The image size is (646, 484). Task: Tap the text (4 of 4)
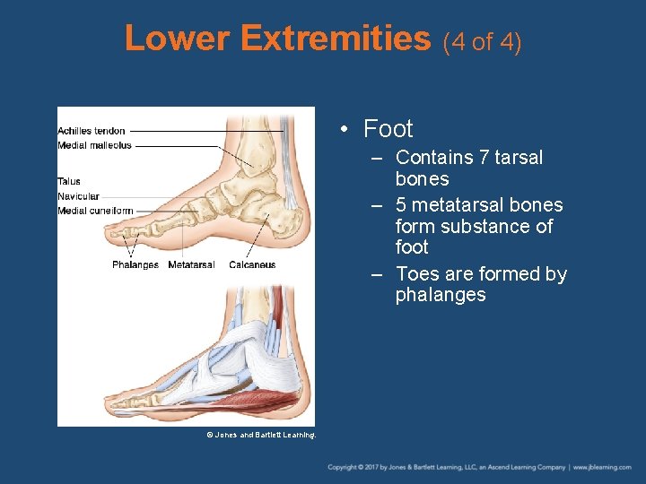[482, 41]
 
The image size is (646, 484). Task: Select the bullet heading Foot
[388, 129]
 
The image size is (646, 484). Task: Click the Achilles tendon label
[92, 131]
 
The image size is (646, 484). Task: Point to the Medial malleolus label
[94, 145]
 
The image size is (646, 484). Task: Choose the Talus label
[69, 182]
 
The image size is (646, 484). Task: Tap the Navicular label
[78, 196]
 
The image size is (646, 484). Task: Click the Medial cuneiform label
[95, 211]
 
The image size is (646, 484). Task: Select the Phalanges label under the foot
[135, 264]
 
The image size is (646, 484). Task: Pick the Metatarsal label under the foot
[191, 264]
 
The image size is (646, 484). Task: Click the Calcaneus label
[252, 264]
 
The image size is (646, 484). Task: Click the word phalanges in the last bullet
[441, 295]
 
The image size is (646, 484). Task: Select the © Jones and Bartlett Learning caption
[261, 435]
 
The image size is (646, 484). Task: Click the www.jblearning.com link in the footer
[603, 468]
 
